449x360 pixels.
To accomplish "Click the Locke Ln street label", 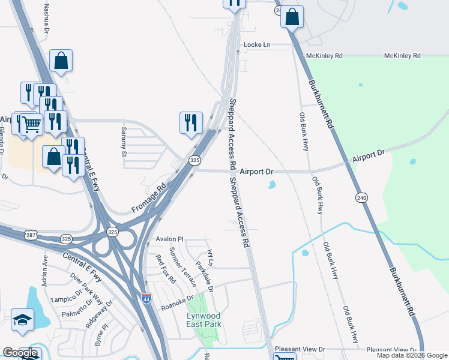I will [257, 45].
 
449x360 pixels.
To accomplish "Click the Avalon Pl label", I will [169, 239].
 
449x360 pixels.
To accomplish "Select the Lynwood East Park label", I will [203, 320].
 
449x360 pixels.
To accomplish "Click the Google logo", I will [20, 353].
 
